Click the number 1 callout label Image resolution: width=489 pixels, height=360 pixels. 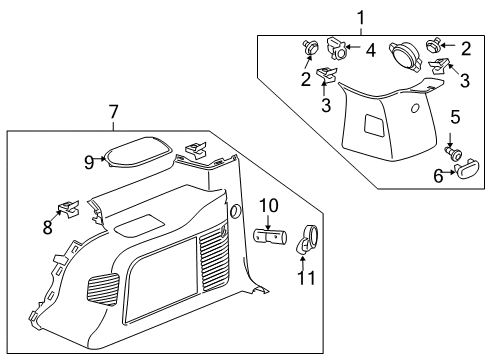click(x=361, y=17)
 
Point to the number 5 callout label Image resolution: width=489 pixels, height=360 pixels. click(x=454, y=117)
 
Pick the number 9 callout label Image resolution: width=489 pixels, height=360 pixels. click(x=88, y=160)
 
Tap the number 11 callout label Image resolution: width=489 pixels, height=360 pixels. click(x=307, y=276)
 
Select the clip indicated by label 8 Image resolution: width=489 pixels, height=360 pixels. click(x=68, y=209)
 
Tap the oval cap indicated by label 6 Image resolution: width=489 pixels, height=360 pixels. click(x=465, y=176)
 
